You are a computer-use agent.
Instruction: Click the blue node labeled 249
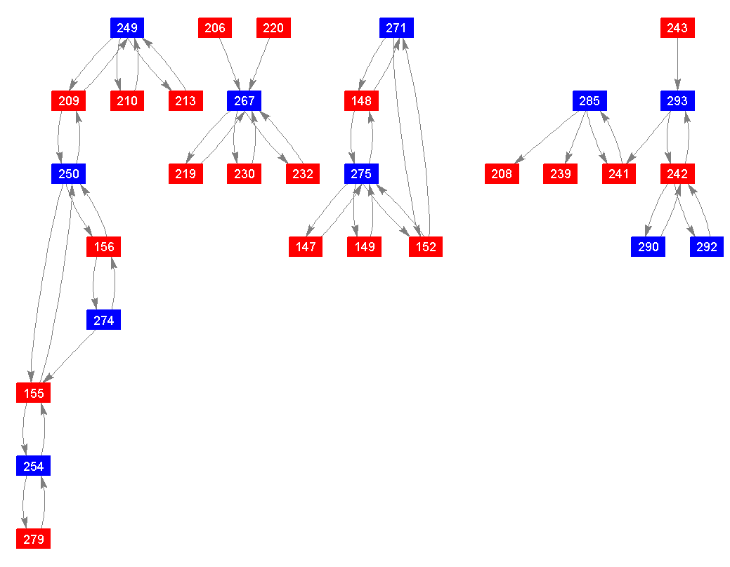(x=127, y=28)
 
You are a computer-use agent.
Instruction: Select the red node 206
(x=214, y=28)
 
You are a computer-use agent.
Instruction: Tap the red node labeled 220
(x=273, y=28)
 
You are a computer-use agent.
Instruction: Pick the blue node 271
(x=396, y=28)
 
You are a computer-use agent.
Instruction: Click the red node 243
(x=677, y=28)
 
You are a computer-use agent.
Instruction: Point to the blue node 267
(x=244, y=101)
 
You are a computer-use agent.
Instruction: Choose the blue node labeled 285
(x=589, y=101)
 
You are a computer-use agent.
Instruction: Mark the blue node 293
(x=677, y=101)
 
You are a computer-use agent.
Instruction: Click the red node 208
(x=502, y=174)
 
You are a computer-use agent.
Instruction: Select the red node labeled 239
(x=560, y=174)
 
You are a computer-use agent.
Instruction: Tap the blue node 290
(x=648, y=246)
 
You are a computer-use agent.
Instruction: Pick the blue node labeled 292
(x=707, y=246)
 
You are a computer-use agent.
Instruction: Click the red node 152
(x=426, y=246)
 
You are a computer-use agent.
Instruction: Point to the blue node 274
(x=103, y=320)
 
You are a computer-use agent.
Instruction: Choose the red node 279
(x=33, y=539)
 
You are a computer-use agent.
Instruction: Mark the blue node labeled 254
(x=33, y=466)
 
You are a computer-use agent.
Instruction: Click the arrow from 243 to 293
(x=677, y=64)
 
